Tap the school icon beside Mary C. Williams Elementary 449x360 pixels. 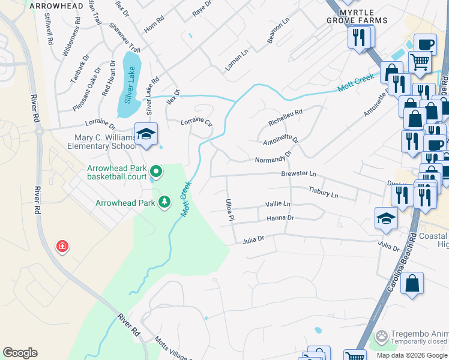pyautogui.click(x=146, y=134)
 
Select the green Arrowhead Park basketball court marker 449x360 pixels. pyautogui.click(x=156, y=172)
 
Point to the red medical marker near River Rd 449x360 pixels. pyautogui.click(x=61, y=246)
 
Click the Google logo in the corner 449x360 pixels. pyautogui.click(x=20, y=353)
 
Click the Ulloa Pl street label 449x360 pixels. pyautogui.click(x=229, y=209)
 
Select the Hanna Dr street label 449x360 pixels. pyautogui.click(x=280, y=218)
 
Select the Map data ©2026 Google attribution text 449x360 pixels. pyautogui.click(x=412, y=355)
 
